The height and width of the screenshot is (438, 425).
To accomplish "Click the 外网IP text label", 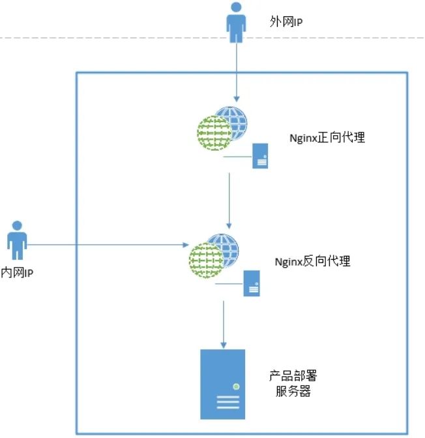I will pos(287,22).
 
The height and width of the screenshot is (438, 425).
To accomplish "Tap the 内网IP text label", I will pos(18,273).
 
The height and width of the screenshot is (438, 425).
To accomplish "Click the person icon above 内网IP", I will pos(18,241).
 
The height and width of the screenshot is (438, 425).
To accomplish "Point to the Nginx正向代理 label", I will pos(327,138).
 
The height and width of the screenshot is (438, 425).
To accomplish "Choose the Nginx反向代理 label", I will pos(313,261).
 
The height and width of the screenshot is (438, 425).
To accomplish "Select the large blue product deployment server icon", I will pos(224,384).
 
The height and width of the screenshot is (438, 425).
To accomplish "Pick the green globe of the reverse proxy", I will pos(205,260).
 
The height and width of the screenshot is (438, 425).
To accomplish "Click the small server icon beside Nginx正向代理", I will pos(261,157).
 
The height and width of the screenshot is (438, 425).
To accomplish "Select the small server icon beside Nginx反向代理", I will pos(252,284).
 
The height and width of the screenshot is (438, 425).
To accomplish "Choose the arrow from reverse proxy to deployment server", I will pos(224,323).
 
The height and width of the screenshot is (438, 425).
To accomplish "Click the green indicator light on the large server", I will pos(236,386).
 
